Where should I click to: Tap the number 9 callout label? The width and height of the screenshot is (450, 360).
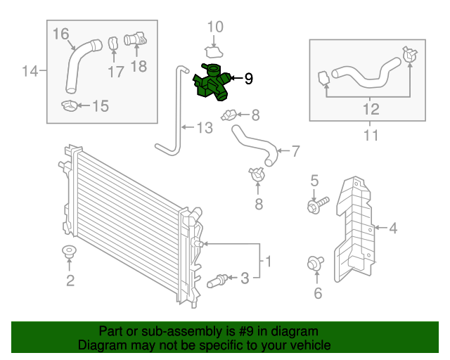(x=247, y=79)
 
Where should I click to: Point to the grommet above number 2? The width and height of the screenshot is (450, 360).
(x=69, y=252)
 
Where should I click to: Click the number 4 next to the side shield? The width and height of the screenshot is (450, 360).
(x=393, y=227)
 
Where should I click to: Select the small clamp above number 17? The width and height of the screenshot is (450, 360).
(x=112, y=44)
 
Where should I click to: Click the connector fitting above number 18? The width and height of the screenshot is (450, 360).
(x=135, y=40)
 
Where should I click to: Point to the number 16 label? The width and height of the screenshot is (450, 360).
(x=60, y=33)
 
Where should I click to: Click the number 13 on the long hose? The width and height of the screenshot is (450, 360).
(x=203, y=128)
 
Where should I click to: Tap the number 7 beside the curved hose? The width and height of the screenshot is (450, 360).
(x=295, y=150)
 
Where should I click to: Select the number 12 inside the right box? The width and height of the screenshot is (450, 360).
(x=371, y=109)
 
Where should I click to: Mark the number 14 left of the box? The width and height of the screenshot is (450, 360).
(x=30, y=70)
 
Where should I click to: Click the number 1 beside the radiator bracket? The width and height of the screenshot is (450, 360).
(x=267, y=262)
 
